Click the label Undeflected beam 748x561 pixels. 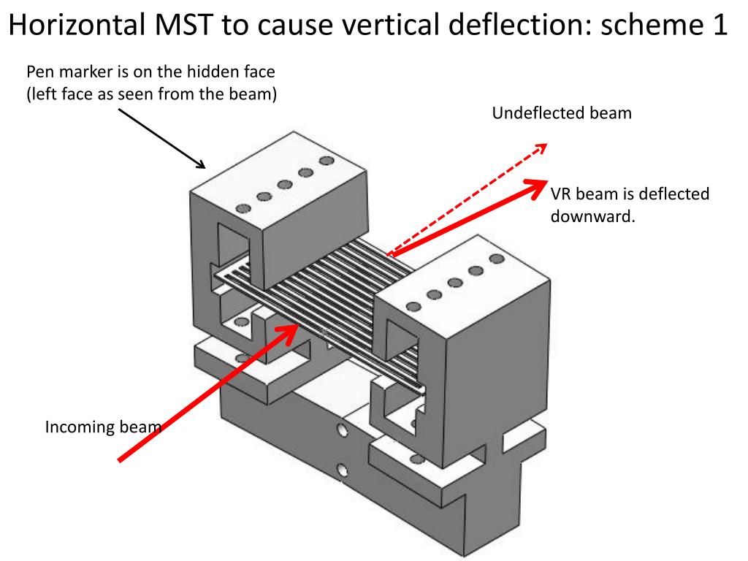click(x=561, y=113)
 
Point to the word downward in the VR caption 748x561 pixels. click(x=592, y=217)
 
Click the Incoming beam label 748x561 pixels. click(x=102, y=427)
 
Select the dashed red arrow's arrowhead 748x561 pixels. click(x=541, y=148)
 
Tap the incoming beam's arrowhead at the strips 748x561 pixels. click(x=291, y=330)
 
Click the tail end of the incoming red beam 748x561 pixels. click(x=121, y=460)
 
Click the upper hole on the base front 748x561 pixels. click(x=341, y=430)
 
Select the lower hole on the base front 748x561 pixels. click(x=341, y=468)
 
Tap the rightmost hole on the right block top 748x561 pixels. click(x=497, y=259)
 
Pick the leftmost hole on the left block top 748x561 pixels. click(x=245, y=208)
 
